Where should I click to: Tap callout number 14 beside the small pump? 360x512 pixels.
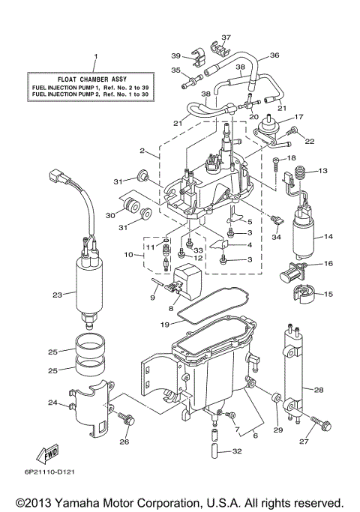coord(328,236)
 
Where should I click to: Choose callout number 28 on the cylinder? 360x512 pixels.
coord(318,391)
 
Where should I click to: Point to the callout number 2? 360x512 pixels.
coord(142,150)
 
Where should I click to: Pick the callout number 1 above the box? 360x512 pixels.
coord(95,56)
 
